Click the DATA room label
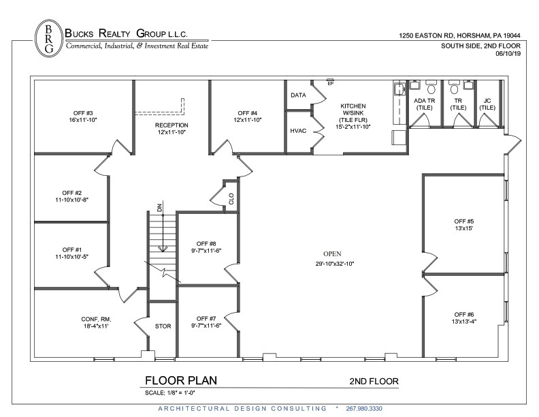coord(298,95)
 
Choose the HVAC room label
coord(298,130)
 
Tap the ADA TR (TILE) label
coord(425,104)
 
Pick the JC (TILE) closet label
coord(487,104)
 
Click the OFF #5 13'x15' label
coord(464,226)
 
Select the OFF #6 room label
coord(464,317)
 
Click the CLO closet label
coord(231,199)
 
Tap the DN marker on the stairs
coord(159,208)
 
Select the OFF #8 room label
coord(206,247)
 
